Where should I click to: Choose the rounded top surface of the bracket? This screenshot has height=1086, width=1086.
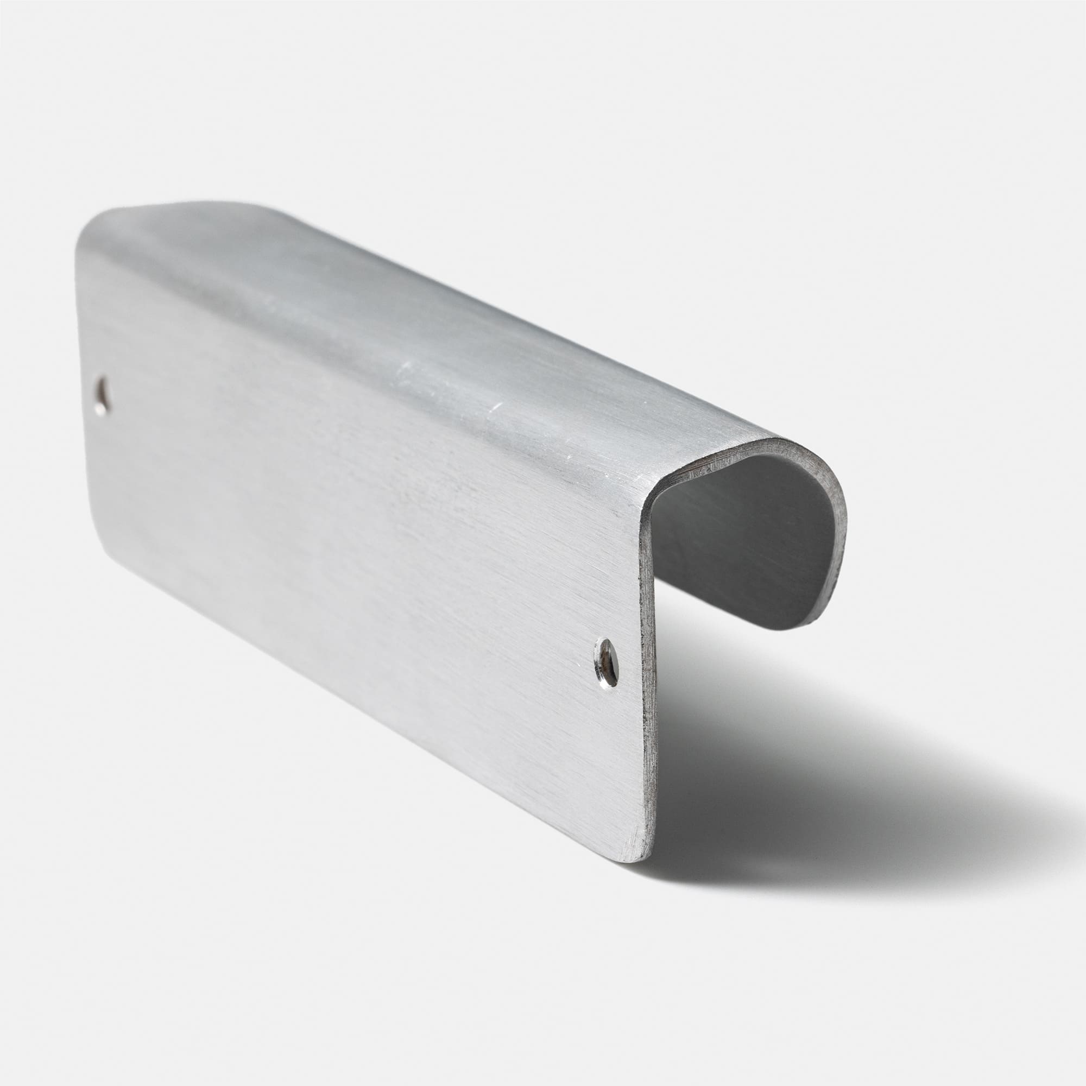tap(394, 315)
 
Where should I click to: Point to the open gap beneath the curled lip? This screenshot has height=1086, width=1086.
tap(731, 646)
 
